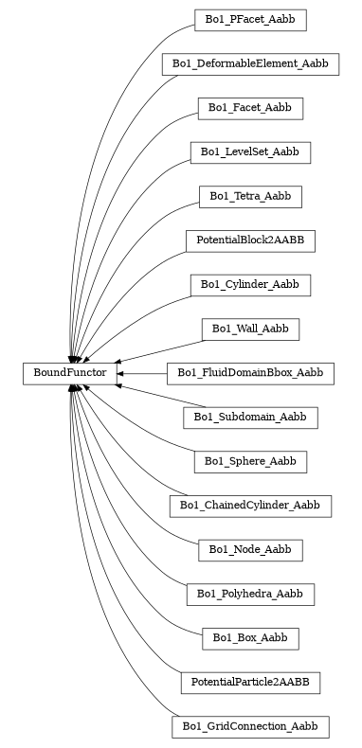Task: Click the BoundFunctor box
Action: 70,374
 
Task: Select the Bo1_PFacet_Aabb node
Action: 250,19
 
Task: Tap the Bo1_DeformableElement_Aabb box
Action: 250,63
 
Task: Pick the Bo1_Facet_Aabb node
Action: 250,108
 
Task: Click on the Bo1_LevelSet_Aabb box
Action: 250,151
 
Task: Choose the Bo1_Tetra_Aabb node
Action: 250,196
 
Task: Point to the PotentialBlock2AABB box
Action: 250,240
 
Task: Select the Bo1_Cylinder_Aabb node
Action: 250,285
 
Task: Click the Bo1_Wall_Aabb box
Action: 250,329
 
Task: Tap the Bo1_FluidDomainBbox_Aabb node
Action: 250,373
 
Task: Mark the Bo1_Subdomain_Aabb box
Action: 250,418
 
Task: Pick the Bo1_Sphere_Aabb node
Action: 250,462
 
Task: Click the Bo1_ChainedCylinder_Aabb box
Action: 250,507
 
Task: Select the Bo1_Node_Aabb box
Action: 250,550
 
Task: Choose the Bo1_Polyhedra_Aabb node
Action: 250,595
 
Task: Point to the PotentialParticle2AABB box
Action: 250,683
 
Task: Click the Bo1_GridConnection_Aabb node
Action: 250,727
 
